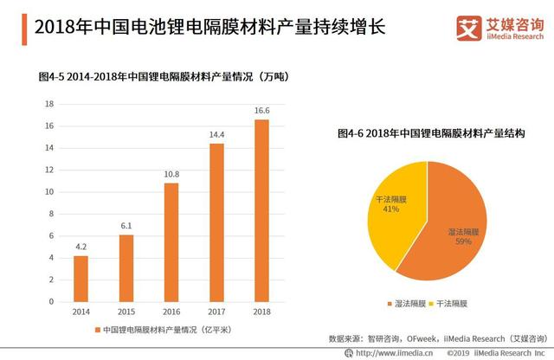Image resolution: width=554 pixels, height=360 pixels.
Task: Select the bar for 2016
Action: [171, 242]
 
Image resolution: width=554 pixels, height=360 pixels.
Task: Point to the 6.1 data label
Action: [126, 226]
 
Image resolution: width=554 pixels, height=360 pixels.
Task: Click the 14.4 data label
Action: [216, 135]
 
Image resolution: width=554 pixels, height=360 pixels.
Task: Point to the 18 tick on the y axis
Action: [50, 104]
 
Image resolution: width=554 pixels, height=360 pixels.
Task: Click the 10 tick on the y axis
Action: [50, 192]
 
